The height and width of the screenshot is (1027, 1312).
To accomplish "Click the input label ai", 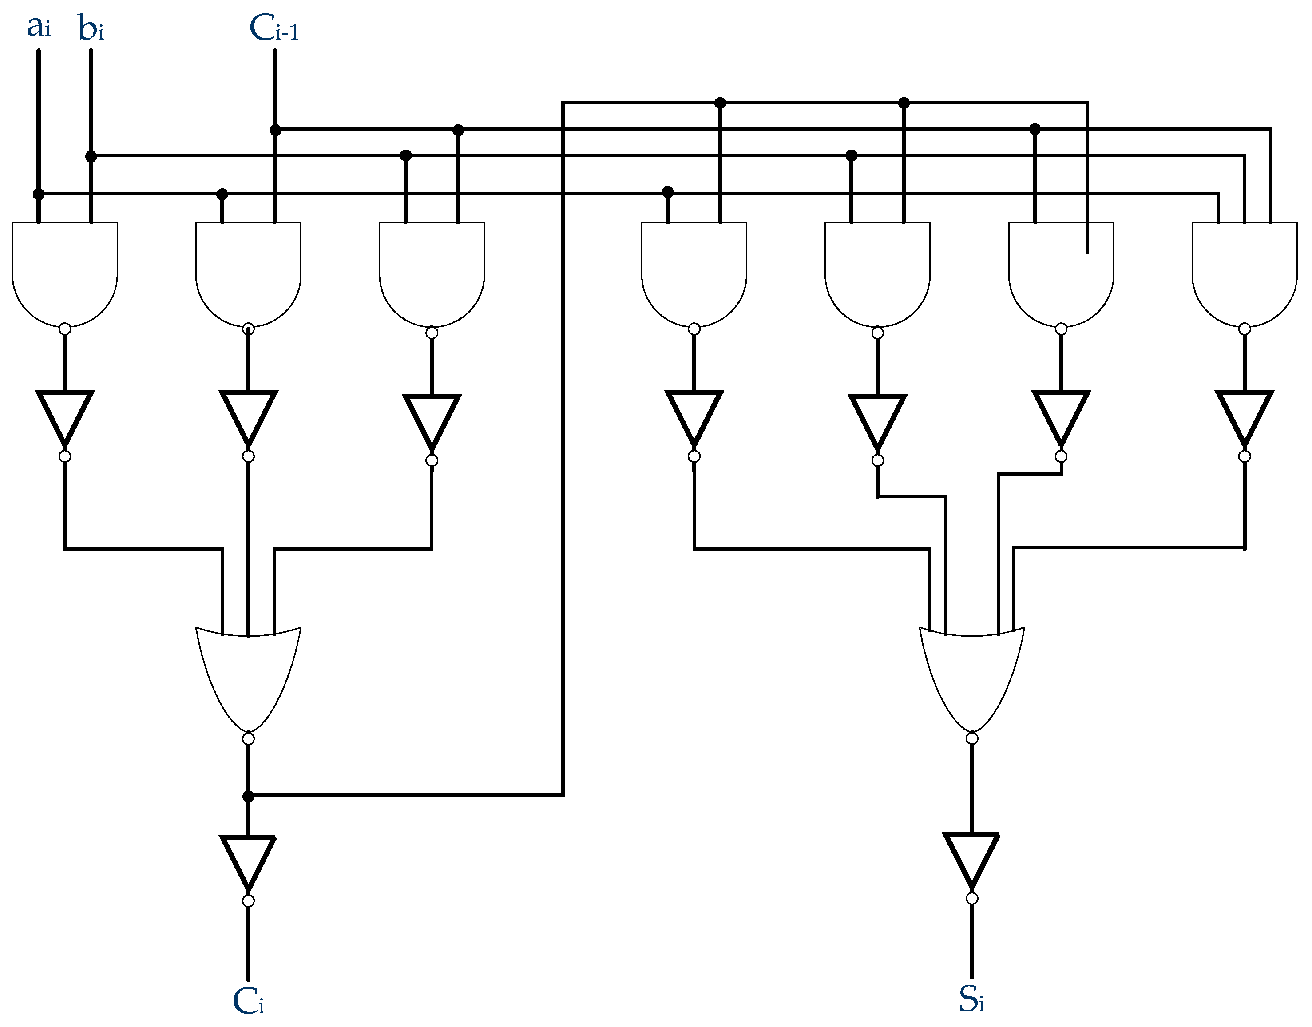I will (39, 28).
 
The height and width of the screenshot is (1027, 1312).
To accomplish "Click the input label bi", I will (91, 29).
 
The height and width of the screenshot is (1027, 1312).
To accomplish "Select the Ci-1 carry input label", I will (273, 29).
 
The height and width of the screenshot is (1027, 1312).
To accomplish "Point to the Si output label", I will (971, 1000).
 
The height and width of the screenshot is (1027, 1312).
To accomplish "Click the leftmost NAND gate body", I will (65, 270).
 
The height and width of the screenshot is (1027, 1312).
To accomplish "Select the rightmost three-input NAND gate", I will (1244, 270).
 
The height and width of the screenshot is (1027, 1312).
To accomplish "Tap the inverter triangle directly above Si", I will (971, 857).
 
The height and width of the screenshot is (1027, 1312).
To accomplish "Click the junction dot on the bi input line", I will (91, 156).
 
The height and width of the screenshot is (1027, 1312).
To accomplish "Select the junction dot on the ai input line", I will (39, 194).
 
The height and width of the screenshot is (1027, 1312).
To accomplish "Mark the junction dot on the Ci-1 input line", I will (275, 130).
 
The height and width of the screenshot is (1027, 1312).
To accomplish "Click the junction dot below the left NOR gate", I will (248, 797).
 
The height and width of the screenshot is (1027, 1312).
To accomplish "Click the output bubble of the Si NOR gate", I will (971, 738).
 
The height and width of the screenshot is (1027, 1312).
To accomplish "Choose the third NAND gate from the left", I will (432, 270).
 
